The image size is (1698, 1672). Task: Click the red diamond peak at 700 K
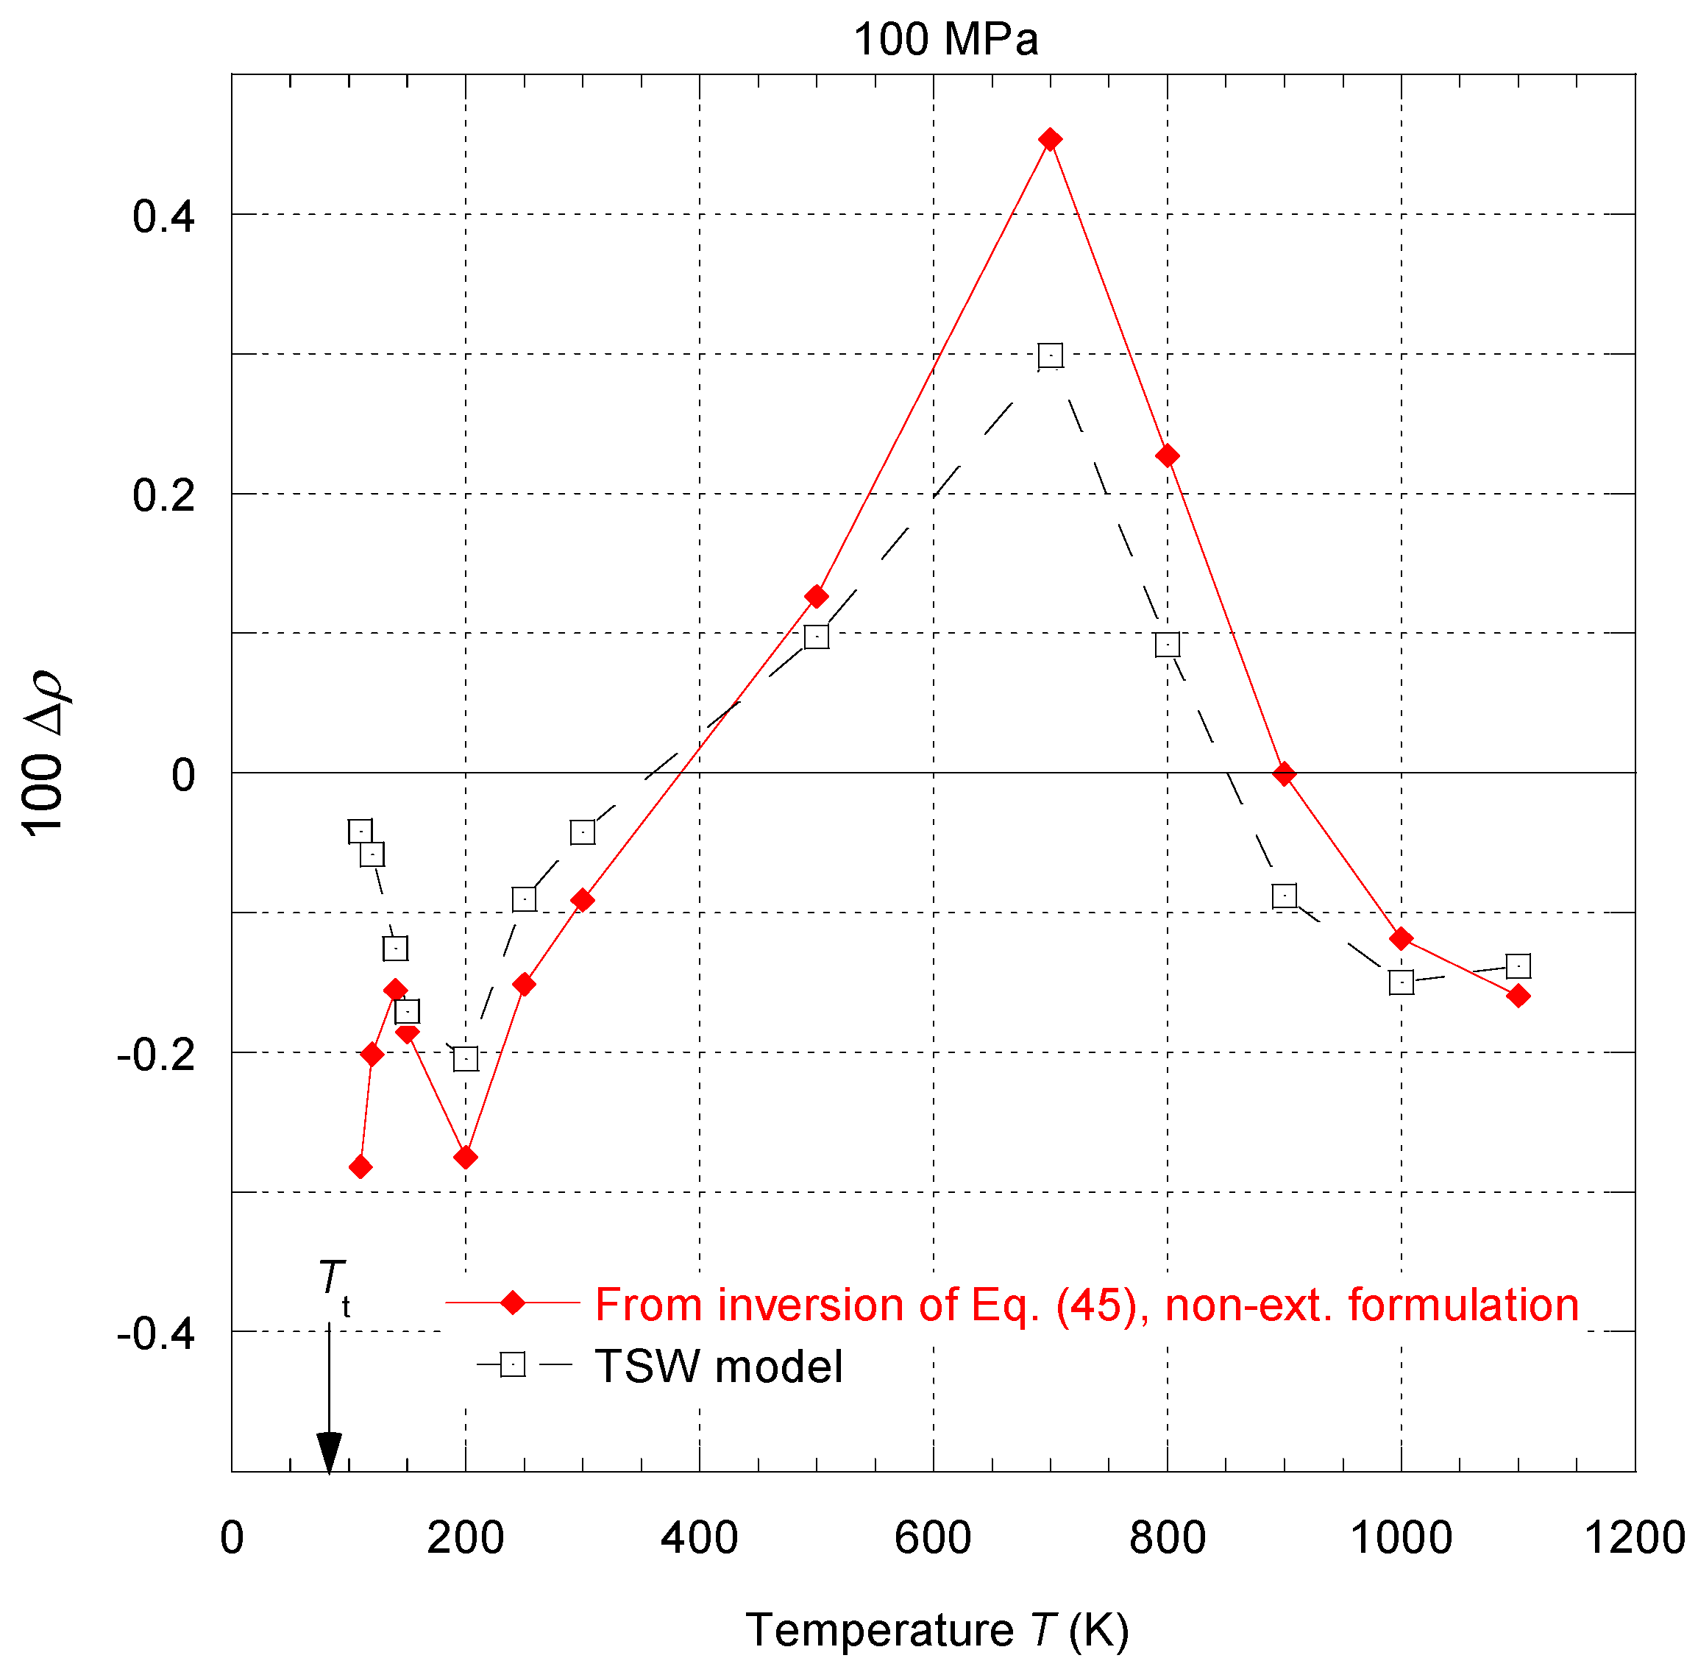[x=1050, y=140]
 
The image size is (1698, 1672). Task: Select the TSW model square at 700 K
[x=1050, y=355]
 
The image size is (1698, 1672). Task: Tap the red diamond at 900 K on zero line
[x=1284, y=774]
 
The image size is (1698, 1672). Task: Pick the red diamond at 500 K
[x=817, y=597]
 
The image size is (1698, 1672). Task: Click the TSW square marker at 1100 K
[x=1518, y=966]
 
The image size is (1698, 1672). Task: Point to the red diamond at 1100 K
[x=1518, y=996]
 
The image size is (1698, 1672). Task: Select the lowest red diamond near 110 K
[x=360, y=1167]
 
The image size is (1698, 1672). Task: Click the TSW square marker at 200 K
[x=465, y=1058]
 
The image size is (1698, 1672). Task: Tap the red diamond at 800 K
[x=1167, y=456]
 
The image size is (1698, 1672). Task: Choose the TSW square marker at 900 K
[x=1284, y=896]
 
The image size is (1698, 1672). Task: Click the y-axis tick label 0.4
[x=163, y=216]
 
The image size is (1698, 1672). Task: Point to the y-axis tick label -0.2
[x=155, y=1055]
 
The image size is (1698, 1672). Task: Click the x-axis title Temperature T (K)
[x=937, y=1631]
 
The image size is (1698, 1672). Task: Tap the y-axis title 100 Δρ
[x=44, y=754]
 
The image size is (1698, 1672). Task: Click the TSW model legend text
[x=718, y=1367]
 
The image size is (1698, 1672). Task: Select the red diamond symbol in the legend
[x=513, y=1303]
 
